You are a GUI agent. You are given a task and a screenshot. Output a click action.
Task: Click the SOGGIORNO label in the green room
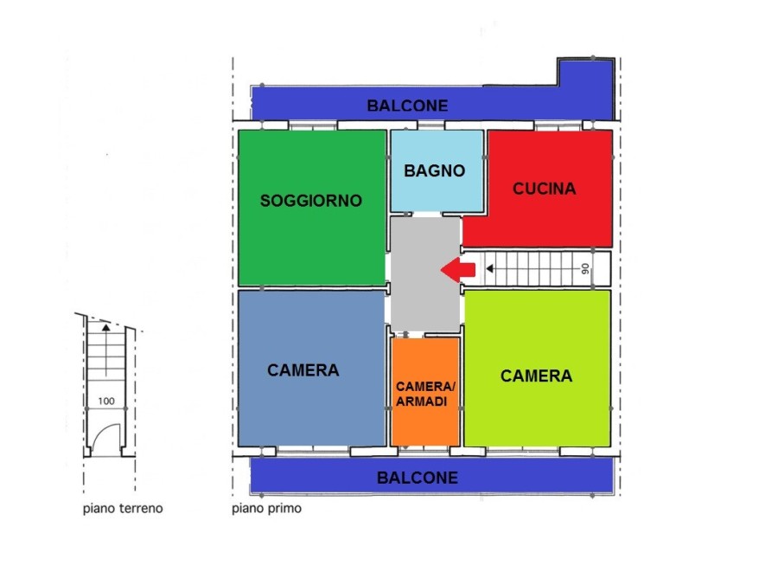click(x=311, y=201)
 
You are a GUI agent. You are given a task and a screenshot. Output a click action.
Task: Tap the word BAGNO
click(x=434, y=170)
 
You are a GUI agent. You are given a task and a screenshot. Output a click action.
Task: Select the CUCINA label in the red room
click(x=545, y=189)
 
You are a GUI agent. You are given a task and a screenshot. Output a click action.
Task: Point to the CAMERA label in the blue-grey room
click(x=303, y=370)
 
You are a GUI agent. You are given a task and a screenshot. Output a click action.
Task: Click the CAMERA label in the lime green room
click(x=536, y=376)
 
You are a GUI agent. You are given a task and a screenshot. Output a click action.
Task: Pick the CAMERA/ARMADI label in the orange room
click(x=425, y=394)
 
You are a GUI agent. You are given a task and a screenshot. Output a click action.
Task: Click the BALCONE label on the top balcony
click(x=407, y=106)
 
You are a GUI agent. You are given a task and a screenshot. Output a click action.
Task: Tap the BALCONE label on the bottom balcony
click(x=418, y=478)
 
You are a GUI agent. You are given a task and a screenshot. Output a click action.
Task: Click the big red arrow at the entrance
click(x=458, y=270)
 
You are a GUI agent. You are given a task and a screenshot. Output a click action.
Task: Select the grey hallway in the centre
click(x=424, y=274)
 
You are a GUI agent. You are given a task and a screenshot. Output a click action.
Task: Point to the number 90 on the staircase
click(x=585, y=269)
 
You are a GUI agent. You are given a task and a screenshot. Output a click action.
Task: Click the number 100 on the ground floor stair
click(x=106, y=401)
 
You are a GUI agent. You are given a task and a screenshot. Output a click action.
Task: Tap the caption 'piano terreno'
click(x=123, y=509)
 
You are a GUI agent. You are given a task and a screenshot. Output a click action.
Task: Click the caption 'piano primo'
click(x=266, y=509)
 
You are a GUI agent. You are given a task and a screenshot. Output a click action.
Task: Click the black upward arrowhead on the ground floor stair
click(x=105, y=327)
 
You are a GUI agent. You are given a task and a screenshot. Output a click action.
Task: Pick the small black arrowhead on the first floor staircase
click(x=490, y=269)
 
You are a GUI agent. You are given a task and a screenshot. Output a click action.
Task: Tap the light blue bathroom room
click(x=437, y=170)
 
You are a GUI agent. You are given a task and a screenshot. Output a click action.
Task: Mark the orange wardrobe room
click(x=425, y=392)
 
